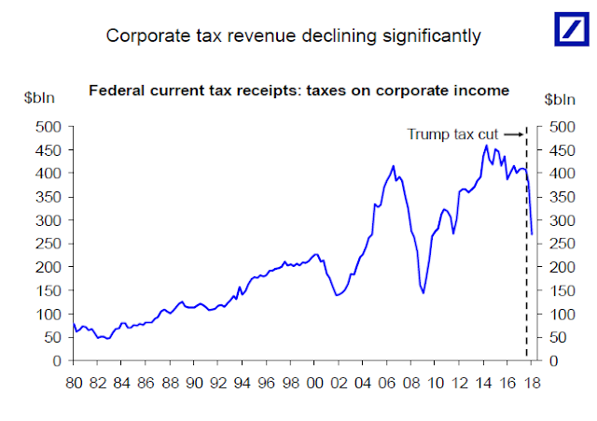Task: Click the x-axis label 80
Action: tap(74, 384)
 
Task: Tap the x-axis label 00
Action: tap(315, 384)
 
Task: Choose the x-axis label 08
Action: tap(411, 384)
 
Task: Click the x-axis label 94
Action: tap(243, 384)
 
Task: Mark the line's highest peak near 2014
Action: tap(486, 146)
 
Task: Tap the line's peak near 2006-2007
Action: tap(394, 166)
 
